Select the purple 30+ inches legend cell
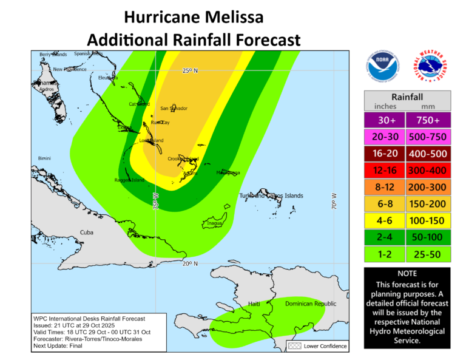pos(385,120)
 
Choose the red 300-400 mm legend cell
pos(428,170)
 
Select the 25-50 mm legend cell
pos(428,254)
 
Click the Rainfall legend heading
pos(407,96)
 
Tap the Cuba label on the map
pos(87,233)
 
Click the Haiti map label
pos(254,303)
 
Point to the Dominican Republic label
pos(311,303)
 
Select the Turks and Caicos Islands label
pos(271,195)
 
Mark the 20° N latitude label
pos(190,263)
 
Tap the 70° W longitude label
pos(334,200)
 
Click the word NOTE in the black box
pos(407,273)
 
